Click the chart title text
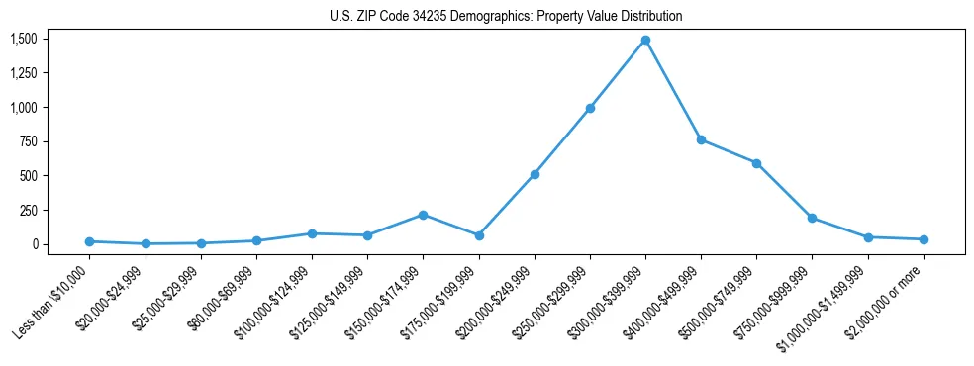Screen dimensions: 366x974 click(506, 17)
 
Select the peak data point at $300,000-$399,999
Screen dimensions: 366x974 click(645, 41)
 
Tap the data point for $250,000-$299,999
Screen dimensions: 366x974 click(590, 108)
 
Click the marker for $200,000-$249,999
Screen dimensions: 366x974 click(535, 174)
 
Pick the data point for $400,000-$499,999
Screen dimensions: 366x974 click(701, 140)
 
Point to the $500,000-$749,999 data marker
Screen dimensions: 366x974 click(756, 163)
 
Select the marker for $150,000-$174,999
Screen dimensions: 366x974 click(423, 215)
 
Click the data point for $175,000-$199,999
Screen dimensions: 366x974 click(479, 235)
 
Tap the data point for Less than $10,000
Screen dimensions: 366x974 click(90, 241)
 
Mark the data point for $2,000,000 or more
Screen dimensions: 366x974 click(924, 239)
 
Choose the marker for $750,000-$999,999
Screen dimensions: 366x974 click(812, 218)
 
